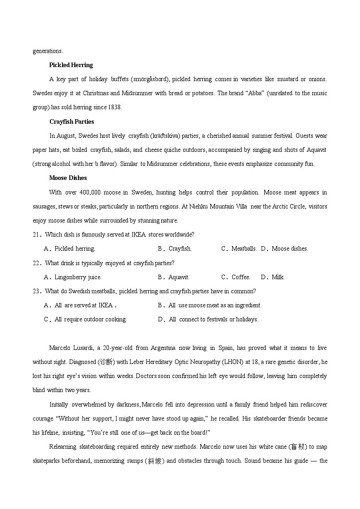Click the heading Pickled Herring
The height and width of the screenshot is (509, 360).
71,65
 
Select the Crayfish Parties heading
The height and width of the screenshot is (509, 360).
72,121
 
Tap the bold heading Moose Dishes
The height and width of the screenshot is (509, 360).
68,178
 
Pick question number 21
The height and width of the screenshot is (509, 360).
37,234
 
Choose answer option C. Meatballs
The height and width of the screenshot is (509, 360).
239,248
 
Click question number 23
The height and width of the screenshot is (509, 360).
37,291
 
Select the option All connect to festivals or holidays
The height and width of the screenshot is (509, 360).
208,319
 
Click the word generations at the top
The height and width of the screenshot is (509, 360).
48,51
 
